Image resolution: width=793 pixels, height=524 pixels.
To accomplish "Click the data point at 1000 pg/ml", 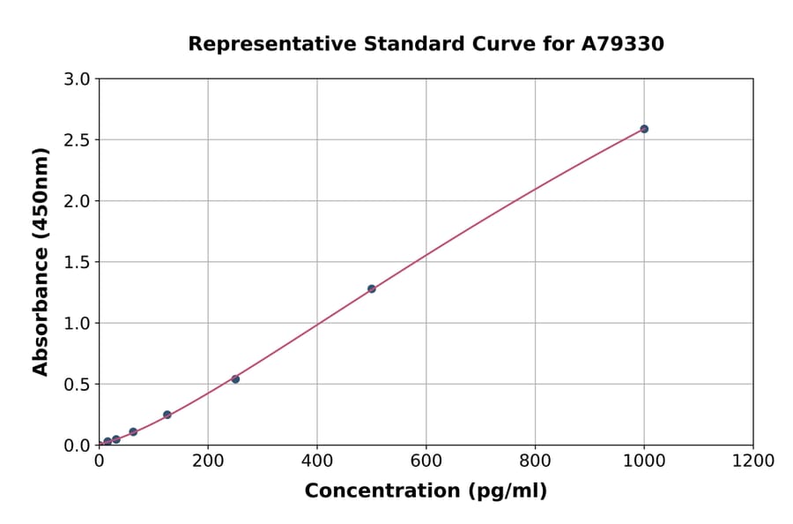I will point(644,129).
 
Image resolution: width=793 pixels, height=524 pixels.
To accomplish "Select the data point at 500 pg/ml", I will point(372,288).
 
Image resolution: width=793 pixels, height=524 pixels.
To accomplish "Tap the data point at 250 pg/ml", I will point(235,379).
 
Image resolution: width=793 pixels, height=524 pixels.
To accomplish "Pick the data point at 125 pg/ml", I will point(167,415).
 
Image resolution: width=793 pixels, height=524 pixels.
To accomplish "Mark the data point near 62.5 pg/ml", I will point(133,432).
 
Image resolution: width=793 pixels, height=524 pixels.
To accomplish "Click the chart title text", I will point(426,44).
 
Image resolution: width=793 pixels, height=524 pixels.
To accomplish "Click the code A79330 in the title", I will point(623,44).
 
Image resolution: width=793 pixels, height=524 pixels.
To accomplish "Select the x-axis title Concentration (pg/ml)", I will point(426,491).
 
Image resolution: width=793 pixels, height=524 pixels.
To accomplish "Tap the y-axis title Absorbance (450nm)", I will point(41,261).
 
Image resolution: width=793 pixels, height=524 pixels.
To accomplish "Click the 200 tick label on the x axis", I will point(208,460).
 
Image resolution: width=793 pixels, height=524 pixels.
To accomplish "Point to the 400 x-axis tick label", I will point(317,460).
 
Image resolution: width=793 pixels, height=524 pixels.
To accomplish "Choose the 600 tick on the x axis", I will point(426,460).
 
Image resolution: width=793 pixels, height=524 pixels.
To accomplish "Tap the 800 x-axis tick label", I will point(535,460).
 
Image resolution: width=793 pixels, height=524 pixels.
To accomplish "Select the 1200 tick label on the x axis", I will point(753,460).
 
